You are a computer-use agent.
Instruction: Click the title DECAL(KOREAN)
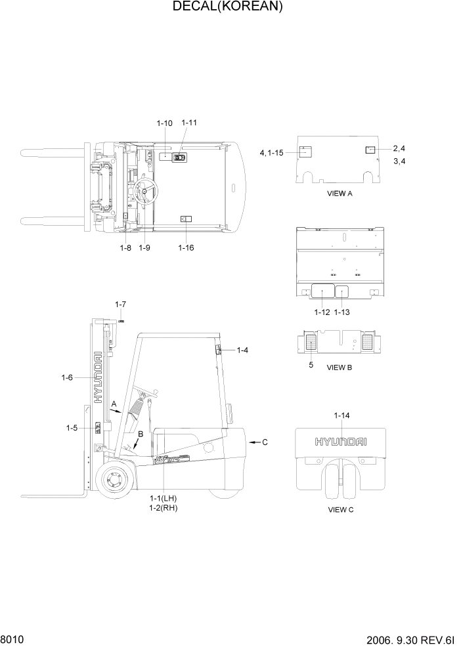click(x=227, y=7)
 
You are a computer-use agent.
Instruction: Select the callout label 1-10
click(x=164, y=123)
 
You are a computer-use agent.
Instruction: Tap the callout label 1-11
click(x=189, y=123)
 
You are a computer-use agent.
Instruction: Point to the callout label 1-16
click(x=186, y=247)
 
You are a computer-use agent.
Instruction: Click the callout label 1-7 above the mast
click(x=120, y=304)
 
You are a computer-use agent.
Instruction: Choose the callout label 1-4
click(x=242, y=350)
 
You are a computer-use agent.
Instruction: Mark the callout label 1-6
click(x=66, y=377)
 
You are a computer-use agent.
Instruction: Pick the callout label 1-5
click(x=72, y=428)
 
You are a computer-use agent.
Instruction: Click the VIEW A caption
click(x=340, y=194)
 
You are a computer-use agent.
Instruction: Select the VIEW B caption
click(x=340, y=367)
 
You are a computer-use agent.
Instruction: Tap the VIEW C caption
click(x=340, y=510)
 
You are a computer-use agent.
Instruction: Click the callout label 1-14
click(x=341, y=415)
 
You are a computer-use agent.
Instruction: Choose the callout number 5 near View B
click(x=311, y=364)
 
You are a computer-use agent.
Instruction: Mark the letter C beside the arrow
click(x=265, y=442)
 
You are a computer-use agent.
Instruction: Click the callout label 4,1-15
click(x=271, y=153)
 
